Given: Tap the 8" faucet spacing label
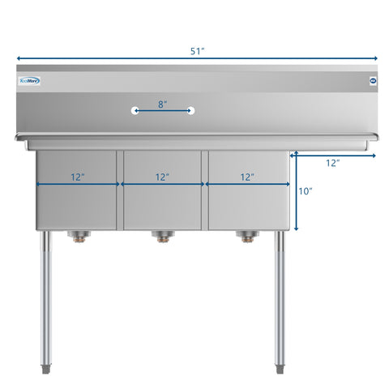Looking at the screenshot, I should (x=163, y=103).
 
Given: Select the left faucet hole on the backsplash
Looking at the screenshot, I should (x=135, y=109).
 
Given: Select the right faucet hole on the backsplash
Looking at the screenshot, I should (x=191, y=109).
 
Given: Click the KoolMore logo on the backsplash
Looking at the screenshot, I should (x=30, y=80).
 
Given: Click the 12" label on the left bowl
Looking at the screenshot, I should (x=77, y=176).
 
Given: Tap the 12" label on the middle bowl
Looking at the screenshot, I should (x=162, y=176).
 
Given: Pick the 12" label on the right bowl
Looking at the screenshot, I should (x=247, y=176).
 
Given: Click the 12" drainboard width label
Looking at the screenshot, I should (x=332, y=163).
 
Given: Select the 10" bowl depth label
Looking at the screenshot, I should (x=305, y=192).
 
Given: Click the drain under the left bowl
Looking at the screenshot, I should (x=80, y=237).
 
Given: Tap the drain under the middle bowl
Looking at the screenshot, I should (x=163, y=237).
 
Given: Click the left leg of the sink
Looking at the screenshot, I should (x=48, y=300).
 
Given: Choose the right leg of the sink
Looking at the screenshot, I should (x=280, y=300).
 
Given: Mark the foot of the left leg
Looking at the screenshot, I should (x=48, y=370).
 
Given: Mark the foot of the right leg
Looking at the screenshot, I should (x=280, y=370).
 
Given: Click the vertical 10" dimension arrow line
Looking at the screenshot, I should (x=297, y=191).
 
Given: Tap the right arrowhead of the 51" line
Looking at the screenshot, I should (x=374, y=59).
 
